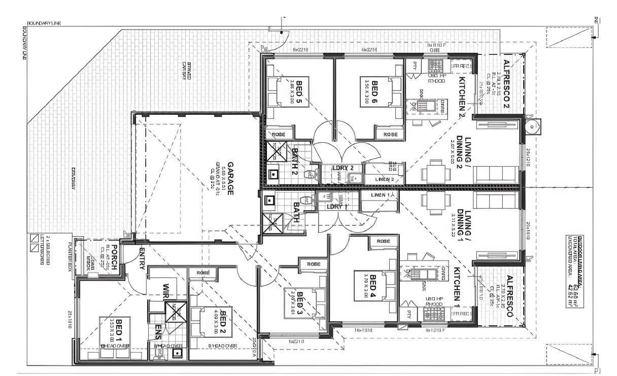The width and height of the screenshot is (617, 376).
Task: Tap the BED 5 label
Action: (x=299, y=91)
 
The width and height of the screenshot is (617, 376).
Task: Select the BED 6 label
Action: (x=374, y=91)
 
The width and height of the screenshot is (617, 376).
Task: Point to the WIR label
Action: (x=165, y=292)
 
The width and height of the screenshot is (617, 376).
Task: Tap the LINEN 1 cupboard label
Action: (x=380, y=195)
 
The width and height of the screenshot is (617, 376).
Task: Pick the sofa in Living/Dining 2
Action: (x=495, y=174)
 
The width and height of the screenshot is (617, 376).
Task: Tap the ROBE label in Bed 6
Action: (x=390, y=134)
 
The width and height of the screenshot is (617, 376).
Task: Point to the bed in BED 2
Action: (x=210, y=321)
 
